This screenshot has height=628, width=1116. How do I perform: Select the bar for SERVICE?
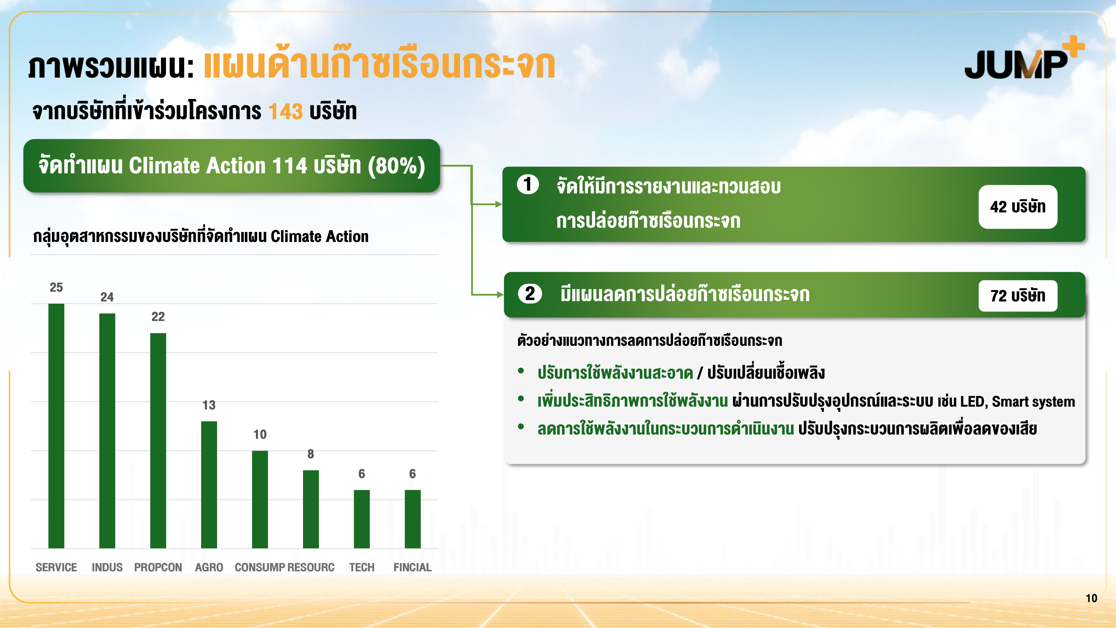click(56, 426)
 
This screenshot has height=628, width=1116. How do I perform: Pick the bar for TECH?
click(362, 519)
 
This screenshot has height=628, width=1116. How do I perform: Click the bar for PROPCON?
click(158, 441)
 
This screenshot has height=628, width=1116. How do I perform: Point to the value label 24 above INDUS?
click(107, 297)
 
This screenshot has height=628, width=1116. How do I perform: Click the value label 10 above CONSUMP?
click(260, 434)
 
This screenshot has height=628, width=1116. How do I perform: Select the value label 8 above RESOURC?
click(311, 454)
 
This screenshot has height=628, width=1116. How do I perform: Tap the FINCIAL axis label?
click(412, 567)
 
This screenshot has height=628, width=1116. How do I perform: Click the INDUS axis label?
click(107, 567)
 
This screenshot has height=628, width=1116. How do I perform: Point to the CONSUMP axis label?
click(259, 567)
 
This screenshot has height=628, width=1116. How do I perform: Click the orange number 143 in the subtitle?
click(285, 111)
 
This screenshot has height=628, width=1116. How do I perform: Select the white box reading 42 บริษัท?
click(1018, 207)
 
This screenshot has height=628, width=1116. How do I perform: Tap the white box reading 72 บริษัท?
click(1018, 296)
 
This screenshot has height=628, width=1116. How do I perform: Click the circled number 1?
click(528, 184)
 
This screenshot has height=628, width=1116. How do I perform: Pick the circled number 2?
click(530, 294)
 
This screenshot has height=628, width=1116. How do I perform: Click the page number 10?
click(1091, 598)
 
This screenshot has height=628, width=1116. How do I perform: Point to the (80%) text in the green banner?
click(396, 166)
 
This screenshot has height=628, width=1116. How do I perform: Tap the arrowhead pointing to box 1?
click(499, 204)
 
